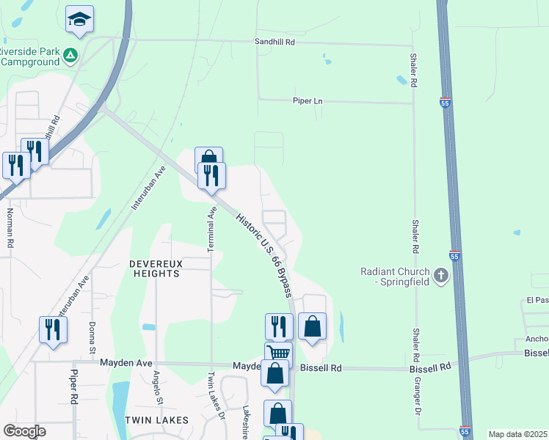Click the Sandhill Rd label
(x=274, y=43)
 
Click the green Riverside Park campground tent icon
(x=70, y=54)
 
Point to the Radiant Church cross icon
(x=440, y=276)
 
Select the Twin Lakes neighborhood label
(x=156, y=420)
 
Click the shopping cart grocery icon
(x=278, y=353)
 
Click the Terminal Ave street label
(x=212, y=230)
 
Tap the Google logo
(x=24, y=431)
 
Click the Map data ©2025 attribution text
(x=517, y=434)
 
